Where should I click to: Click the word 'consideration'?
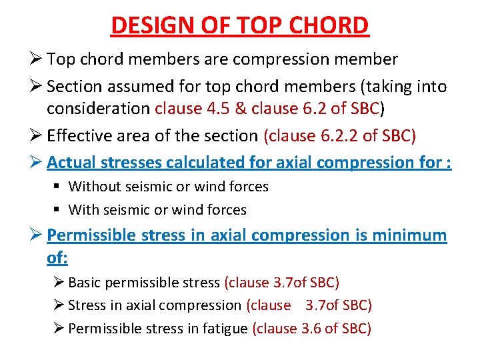pyautogui.click(x=99, y=109)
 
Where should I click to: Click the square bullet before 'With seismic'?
pyautogui.click(x=59, y=210)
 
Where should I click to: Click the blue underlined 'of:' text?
pyautogui.click(x=58, y=257)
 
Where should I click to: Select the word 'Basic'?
pyautogui.click(x=85, y=283)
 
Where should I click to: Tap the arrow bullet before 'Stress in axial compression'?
pyautogui.click(x=59, y=305)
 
